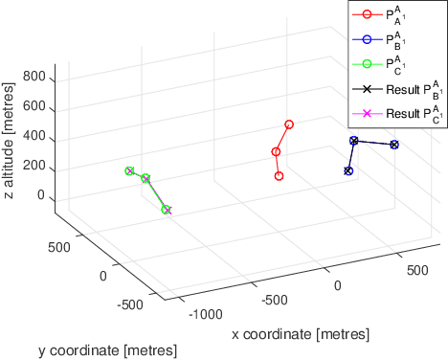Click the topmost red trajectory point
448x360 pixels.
coord(289,124)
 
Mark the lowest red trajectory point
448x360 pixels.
coord(279,176)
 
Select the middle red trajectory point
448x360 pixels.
coord(276,151)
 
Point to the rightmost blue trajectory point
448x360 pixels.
coord(394,145)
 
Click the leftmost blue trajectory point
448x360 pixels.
coord(348,170)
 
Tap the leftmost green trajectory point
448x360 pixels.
coord(129,170)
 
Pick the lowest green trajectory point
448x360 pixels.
coord(166,210)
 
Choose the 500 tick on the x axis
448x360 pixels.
coord(416,272)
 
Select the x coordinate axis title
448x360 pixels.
coord(300,334)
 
